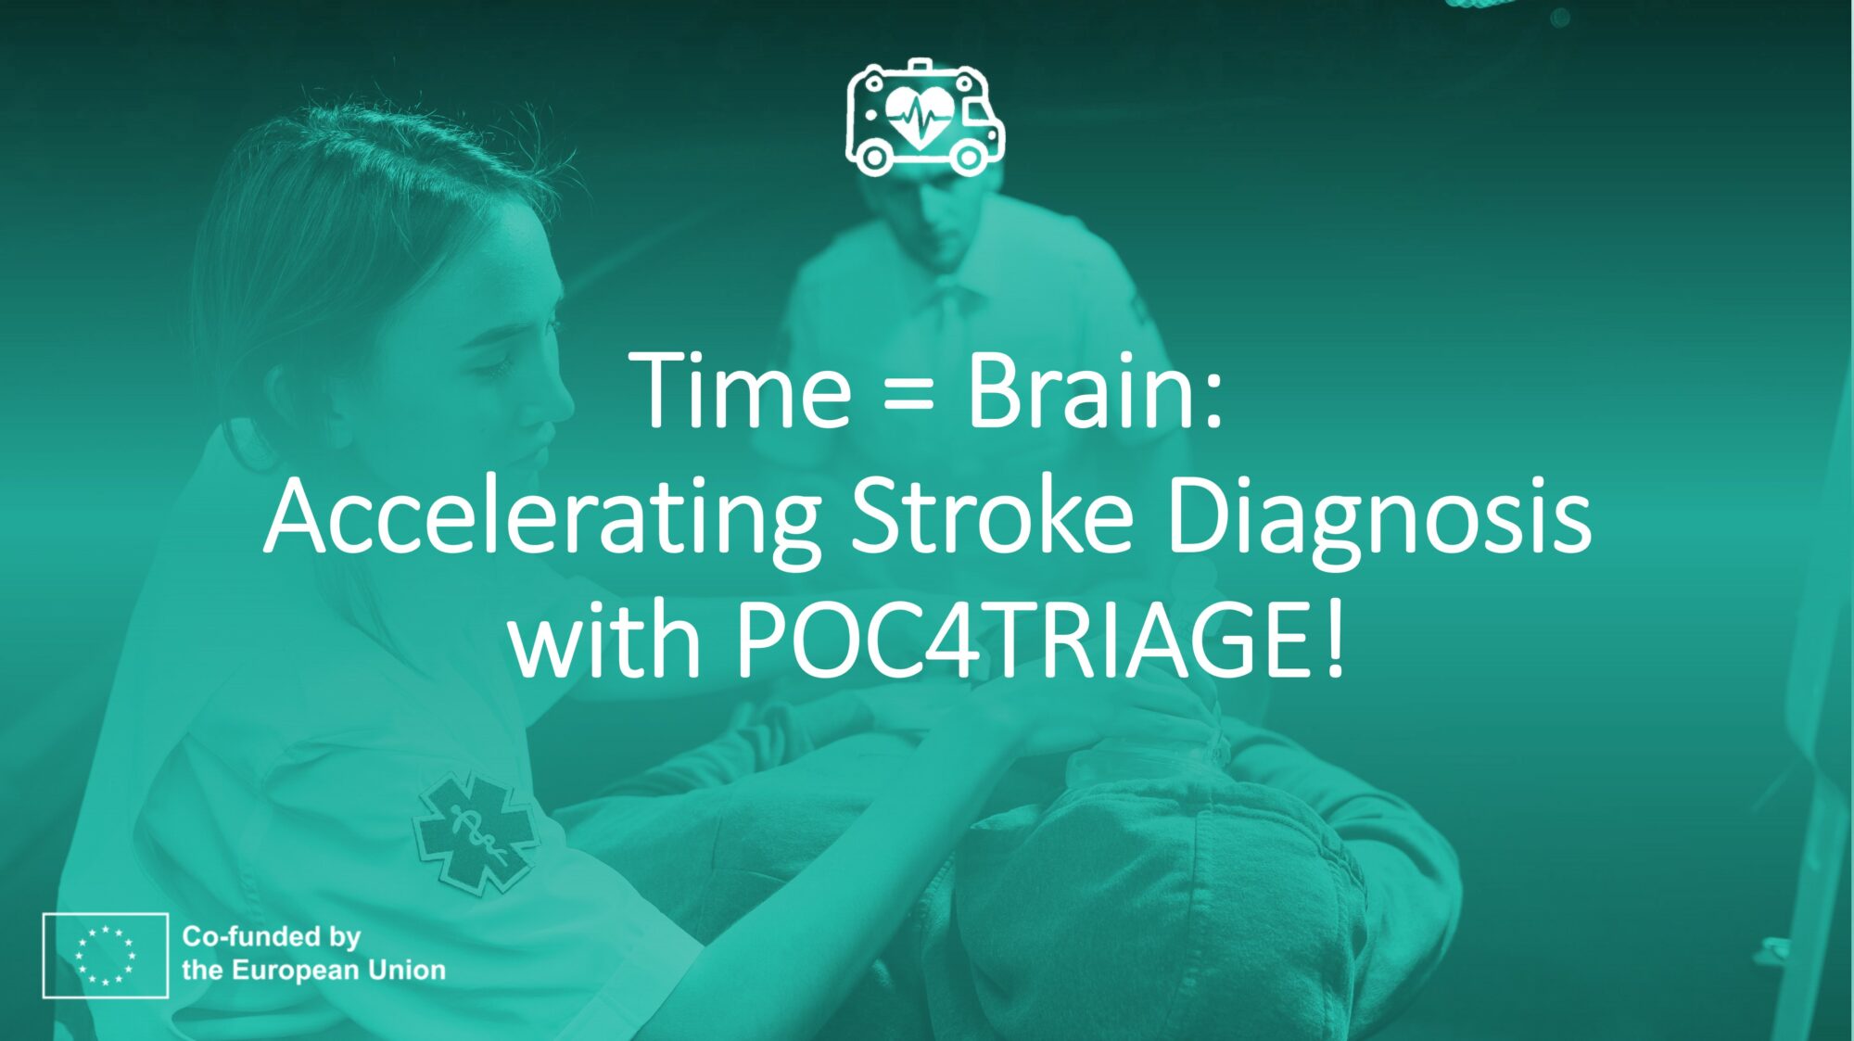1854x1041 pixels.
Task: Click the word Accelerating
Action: tap(542, 520)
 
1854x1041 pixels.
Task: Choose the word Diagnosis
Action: tap(1378, 520)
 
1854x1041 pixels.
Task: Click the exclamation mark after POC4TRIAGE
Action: tap(1335, 641)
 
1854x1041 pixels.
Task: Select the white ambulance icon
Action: tap(924, 118)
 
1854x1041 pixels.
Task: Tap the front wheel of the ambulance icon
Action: tap(969, 158)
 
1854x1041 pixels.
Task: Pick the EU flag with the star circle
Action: tap(105, 955)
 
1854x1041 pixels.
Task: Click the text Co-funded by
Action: tap(271, 937)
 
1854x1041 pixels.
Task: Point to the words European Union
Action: tap(338, 971)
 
